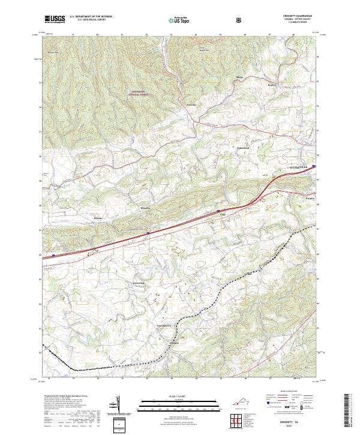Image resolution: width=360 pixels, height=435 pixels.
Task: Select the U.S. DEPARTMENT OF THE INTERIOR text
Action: pyautogui.click(x=90, y=16)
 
